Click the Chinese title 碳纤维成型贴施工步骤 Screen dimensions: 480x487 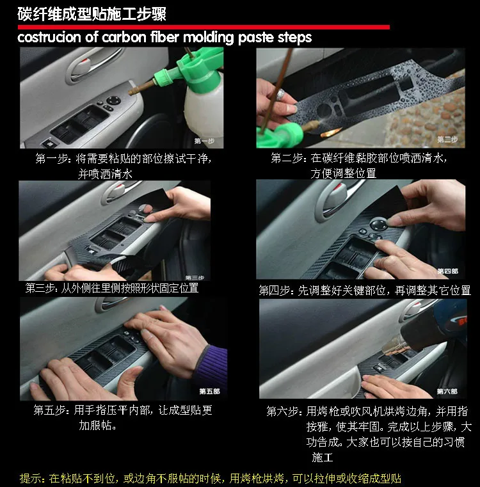tap(92, 14)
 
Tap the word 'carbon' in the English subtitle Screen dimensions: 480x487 tap(124, 37)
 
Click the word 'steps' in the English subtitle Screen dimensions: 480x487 tap(294, 38)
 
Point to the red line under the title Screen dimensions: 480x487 tap(204, 28)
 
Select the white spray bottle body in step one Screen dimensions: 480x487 tap(204, 106)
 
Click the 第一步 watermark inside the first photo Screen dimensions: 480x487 tap(204, 141)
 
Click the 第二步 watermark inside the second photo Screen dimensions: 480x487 tap(447, 140)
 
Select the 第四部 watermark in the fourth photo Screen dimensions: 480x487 tap(448, 271)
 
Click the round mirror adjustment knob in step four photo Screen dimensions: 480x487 tap(378, 224)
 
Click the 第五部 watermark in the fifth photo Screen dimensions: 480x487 tap(209, 392)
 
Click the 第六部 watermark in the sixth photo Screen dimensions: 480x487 tap(447, 392)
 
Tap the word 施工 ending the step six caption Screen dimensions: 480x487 tap(323, 457)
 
